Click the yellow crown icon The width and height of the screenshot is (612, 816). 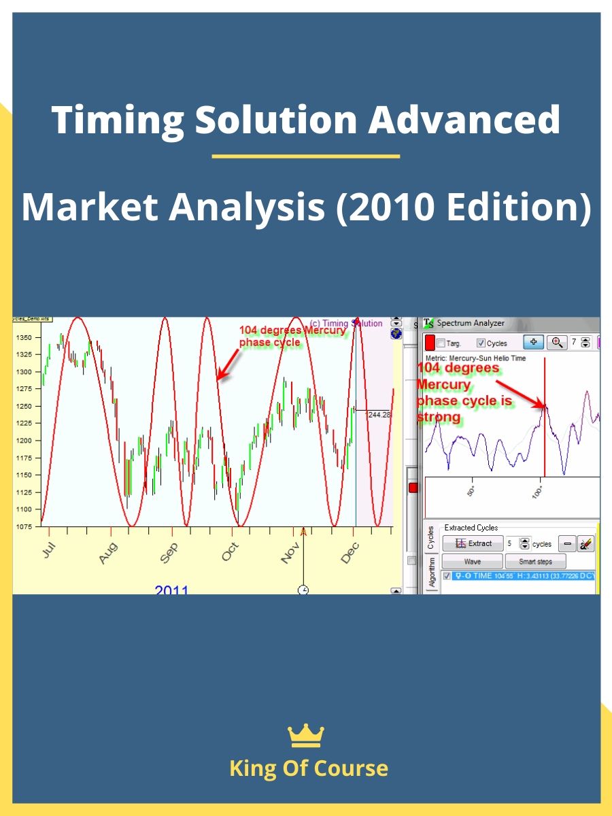[306, 735]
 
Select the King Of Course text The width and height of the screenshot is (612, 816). [309, 768]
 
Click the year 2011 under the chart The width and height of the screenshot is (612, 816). [171, 590]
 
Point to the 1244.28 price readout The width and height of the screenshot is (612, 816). [377, 414]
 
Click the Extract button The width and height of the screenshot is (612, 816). [473, 543]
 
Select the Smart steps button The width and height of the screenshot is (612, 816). [536, 562]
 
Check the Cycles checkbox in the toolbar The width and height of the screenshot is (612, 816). [481, 343]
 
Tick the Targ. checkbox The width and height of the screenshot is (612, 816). [441, 343]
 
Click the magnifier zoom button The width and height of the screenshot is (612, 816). [557, 342]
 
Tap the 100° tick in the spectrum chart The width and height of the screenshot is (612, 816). [538, 491]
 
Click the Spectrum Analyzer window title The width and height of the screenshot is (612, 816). [471, 323]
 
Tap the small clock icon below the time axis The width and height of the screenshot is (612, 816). [303, 590]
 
